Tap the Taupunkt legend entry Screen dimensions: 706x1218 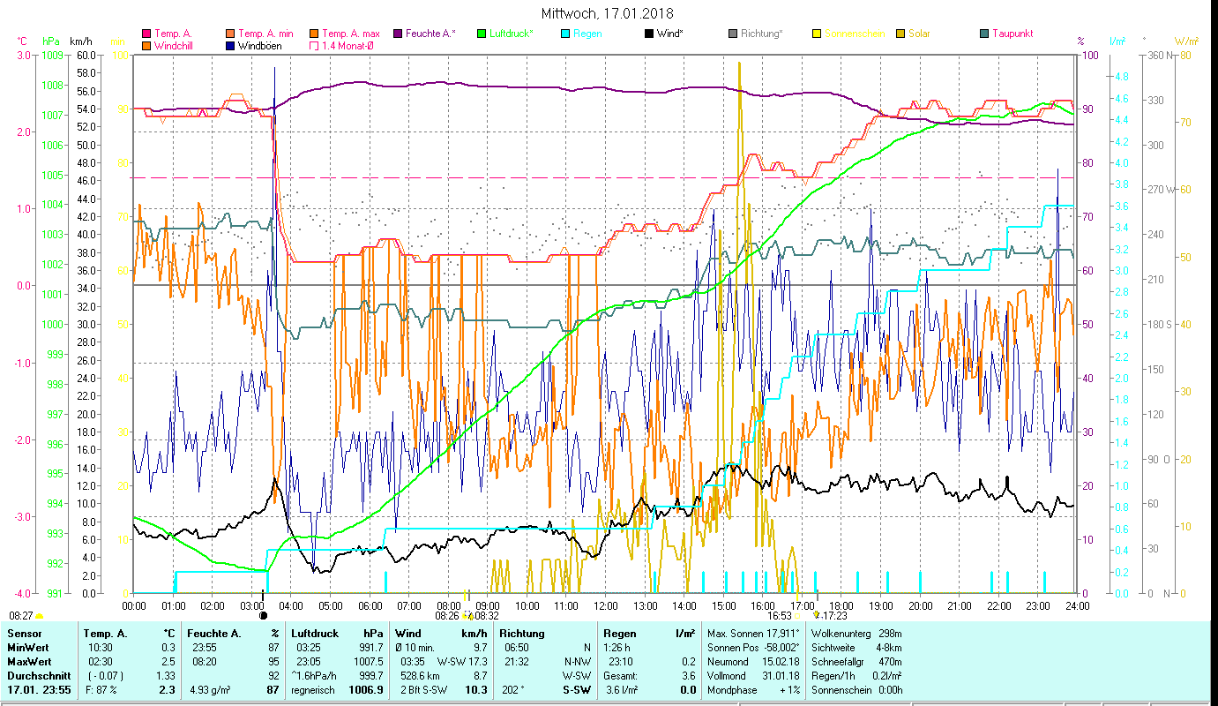point(1012,34)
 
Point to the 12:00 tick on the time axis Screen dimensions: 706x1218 point(605,606)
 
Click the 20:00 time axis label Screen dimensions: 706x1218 point(920,606)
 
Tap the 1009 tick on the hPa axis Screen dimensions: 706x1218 point(52,55)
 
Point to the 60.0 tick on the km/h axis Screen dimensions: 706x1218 point(86,55)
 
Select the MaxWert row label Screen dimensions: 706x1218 point(29,661)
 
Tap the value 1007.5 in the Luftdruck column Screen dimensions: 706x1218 point(367,661)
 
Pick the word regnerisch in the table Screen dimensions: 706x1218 point(313,689)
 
